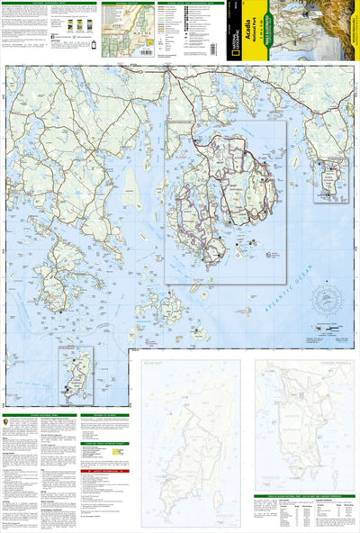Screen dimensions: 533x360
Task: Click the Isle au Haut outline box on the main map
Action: coord(76,373)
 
